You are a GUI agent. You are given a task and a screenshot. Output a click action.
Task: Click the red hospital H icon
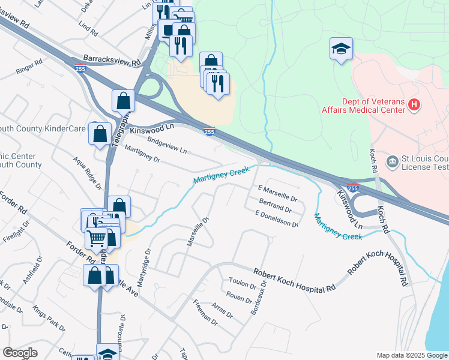414,105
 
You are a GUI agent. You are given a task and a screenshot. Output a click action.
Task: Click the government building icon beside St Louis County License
393,161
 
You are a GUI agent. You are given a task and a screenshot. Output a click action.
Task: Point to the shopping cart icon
96,238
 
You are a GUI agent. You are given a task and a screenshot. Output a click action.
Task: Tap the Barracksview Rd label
112,61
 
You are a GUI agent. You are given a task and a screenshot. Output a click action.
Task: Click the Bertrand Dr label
276,207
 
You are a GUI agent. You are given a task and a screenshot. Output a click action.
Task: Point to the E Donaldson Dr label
277,219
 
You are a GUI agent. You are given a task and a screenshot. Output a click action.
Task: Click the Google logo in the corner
20,353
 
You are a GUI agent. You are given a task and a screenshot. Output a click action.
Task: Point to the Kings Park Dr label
49,319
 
